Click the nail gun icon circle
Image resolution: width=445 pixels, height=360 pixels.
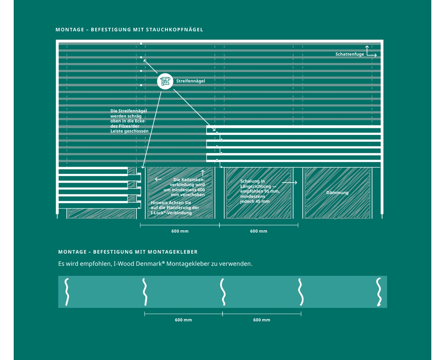165,81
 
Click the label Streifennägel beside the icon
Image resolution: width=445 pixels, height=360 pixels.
190,81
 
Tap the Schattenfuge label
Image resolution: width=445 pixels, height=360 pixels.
350,54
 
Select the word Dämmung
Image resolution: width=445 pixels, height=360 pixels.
337,192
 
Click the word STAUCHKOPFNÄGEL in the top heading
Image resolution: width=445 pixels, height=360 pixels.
174,29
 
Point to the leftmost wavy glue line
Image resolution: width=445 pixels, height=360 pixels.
67,292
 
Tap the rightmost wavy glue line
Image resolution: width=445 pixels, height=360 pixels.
379,292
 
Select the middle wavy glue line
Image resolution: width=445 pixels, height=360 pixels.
223,292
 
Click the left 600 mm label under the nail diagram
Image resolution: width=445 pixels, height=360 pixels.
180,231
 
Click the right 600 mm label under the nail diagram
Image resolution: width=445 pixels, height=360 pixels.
258,231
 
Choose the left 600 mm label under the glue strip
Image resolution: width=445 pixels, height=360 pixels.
183,320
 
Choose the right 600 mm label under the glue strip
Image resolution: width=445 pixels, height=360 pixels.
261,320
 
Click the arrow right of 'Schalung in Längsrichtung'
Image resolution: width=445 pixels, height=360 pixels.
289,182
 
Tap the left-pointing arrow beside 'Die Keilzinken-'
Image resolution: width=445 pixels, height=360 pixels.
158,179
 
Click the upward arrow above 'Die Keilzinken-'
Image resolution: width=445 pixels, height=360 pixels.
202,173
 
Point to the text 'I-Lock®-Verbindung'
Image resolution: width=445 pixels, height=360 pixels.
171,213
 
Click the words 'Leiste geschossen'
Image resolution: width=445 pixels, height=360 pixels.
129,131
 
